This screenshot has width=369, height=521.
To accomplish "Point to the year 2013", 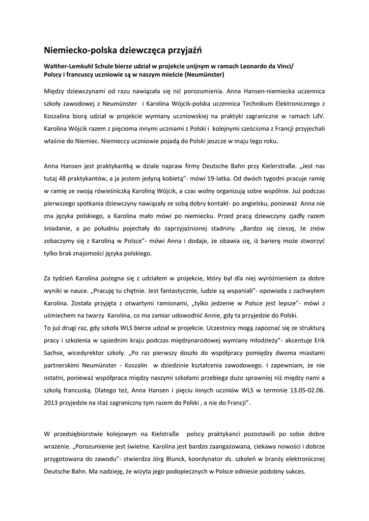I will click(x=53, y=402).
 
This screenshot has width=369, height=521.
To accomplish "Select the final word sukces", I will click(x=292, y=472).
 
